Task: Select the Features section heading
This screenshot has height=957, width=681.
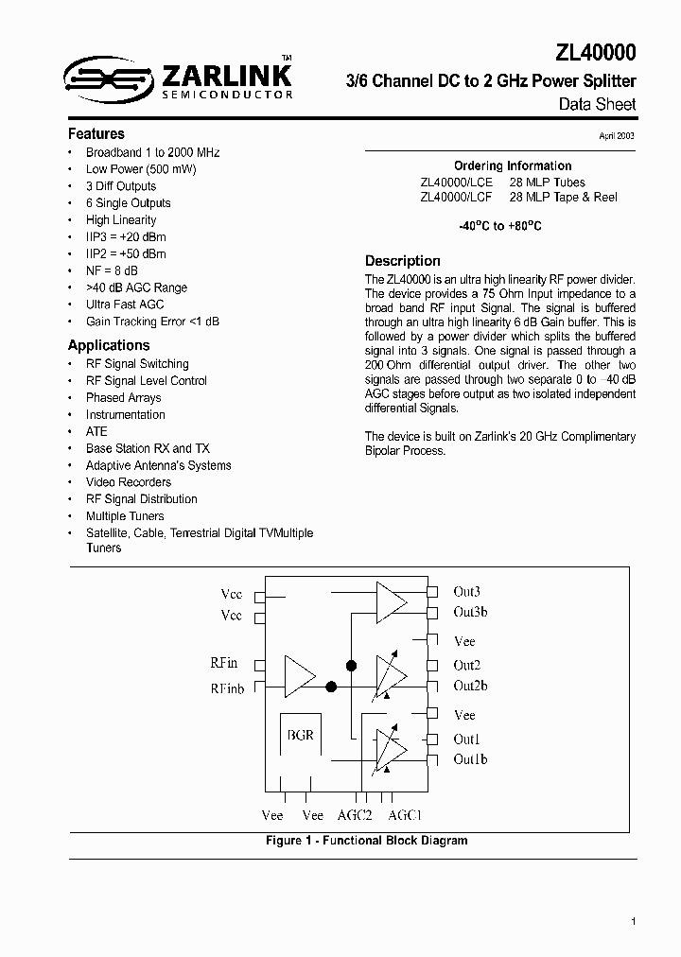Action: click(x=96, y=134)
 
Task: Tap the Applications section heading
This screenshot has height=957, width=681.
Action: click(x=109, y=346)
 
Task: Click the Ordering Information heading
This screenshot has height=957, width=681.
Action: click(x=513, y=165)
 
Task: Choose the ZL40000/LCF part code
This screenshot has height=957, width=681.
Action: click(x=456, y=198)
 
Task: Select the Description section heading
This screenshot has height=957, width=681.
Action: click(x=403, y=261)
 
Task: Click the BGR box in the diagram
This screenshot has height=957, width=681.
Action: click(x=300, y=735)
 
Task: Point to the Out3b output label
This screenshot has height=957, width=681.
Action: click(x=470, y=613)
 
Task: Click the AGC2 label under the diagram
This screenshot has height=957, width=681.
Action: click(x=356, y=815)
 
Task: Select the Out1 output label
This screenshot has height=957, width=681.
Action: click(x=466, y=739)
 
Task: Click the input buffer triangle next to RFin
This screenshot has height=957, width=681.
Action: click(x=300, y=676)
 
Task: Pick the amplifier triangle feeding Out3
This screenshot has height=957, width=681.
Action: click(x=391, y=602)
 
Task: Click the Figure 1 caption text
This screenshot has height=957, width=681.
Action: click(x=366, y=841)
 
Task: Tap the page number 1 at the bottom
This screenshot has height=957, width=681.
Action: click(x=633, y=921)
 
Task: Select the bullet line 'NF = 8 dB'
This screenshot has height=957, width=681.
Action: click(x=112, y=270)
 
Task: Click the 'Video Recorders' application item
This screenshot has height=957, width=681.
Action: click(x=129, y=482)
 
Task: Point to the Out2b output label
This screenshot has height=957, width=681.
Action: click(x=470, y=686)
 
